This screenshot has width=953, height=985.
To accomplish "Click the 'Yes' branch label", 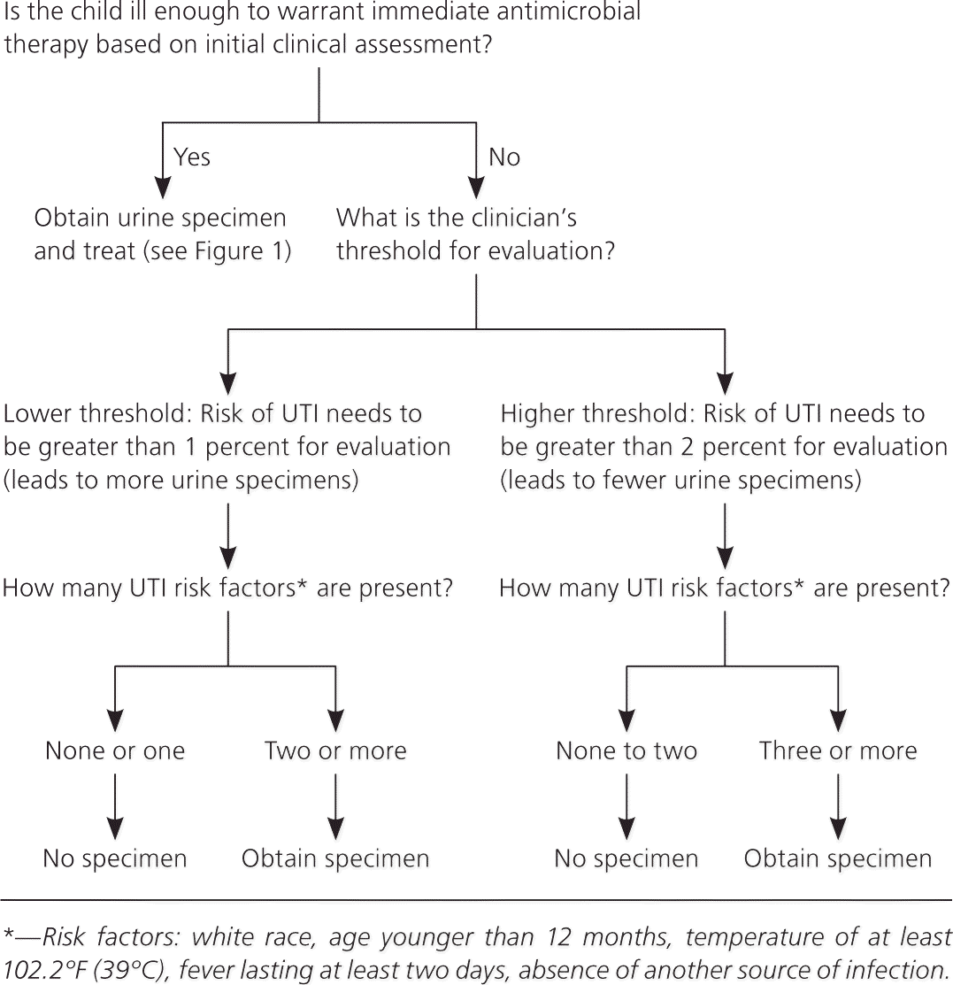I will pos(191,158).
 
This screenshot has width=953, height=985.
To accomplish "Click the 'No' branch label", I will pos(504,158).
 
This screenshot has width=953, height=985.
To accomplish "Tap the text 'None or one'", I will pos(115,751).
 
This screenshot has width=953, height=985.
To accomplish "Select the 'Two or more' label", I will pos(335,751).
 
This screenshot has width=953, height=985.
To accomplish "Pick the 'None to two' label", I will pos(626,751).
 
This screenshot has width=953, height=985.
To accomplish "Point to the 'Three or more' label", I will pos(838,751).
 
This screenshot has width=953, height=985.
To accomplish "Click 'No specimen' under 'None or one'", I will pos(115,858).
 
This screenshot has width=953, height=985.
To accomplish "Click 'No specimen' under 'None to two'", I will pos(626,858).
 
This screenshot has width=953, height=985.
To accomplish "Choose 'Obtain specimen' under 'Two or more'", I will pos(335,858).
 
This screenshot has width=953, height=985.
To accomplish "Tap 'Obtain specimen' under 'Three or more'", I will pos(838,858).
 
